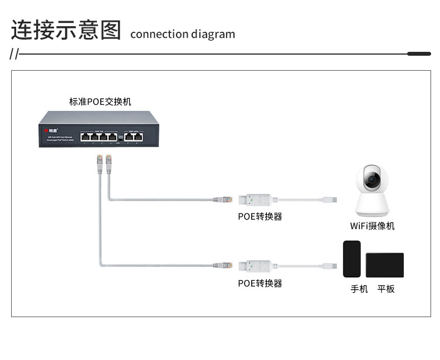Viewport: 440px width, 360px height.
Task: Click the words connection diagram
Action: [x=182, y=34]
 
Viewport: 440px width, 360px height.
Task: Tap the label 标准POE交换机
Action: [x=100, y=101]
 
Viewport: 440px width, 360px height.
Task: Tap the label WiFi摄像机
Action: [x=372, y=226]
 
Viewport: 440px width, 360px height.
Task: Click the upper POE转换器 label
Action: [x=260, y=216]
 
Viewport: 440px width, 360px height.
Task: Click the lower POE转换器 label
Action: [x=260, y=283]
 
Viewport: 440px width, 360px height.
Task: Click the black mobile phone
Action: [x=351, y=259]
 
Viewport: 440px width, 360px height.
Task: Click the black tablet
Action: [x=384, y=265]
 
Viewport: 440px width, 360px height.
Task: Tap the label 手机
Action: [x=359, y=289]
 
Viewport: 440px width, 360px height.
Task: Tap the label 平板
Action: [x=386, y=289]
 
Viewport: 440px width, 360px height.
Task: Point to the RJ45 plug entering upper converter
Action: [x=222, y=198]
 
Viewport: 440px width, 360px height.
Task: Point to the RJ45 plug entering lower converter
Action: [x=222, y=265]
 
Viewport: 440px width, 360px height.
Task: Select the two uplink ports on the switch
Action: [x=133, y=136]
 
